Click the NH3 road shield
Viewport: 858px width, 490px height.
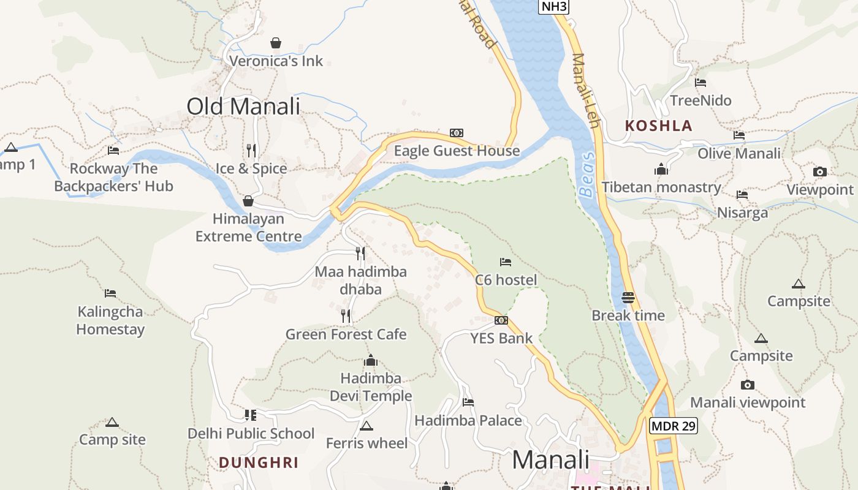click(554, 7)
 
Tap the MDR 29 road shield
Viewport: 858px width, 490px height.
click(674, 426)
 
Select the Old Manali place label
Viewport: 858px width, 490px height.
click(243, 106)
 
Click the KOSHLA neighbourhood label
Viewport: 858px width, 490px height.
click(658, 126)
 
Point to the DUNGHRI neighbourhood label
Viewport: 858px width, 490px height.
click(259, 462)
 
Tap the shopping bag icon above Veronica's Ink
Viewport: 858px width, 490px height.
click(276, 43)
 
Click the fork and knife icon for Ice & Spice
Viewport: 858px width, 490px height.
click(251, 150)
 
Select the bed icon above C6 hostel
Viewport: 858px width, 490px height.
click(506, 262)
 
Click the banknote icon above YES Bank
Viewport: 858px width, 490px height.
click(501, 320)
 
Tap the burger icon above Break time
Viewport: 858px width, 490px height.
click(628, 298)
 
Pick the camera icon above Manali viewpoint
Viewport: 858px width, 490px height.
click(747, 385)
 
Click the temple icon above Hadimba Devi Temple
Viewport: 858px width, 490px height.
click(371, 360)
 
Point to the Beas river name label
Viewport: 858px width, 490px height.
click(587, 183)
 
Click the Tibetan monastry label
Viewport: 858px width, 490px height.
click(661, 187)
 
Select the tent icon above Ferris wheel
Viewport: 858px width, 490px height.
click(366, 426)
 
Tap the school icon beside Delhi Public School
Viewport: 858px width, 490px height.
click(250, 415)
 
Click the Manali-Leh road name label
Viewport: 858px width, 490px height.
click(585, 91)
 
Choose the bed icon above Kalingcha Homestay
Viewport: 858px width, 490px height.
click(110, 293)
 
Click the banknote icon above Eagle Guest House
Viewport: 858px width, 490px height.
click(457, 133)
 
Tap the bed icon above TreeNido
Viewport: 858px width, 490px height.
click(700, 82)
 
